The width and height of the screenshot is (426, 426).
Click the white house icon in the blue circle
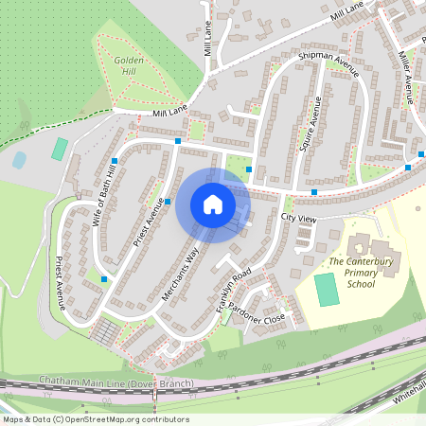(212, 204)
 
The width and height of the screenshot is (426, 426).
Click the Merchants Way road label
(181, 275)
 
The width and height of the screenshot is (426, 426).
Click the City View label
(299, 219)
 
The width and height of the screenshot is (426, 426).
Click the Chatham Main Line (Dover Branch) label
(116, 382)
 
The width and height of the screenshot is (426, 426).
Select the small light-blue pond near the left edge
(19, 161)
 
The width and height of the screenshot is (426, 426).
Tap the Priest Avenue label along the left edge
(60, 282)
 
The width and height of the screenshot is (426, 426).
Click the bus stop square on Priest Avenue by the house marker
(168, 201)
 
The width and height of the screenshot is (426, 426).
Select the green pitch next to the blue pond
(60, 149)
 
